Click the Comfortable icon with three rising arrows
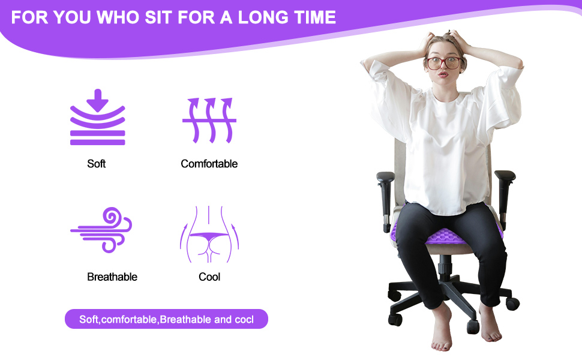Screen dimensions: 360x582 (209, 120)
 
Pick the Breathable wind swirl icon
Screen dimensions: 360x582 (101, 230)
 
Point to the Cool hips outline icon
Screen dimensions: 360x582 (209, 234)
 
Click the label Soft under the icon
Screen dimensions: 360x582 (96, 164)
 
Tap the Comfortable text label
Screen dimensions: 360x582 (209, 164)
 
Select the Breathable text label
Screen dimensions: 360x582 (112, 277)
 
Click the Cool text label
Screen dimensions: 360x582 (209, 277)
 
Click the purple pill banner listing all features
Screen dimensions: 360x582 (166, 319)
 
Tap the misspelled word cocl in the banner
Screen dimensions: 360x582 (243, 319)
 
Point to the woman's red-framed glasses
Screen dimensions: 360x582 (444, 62)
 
